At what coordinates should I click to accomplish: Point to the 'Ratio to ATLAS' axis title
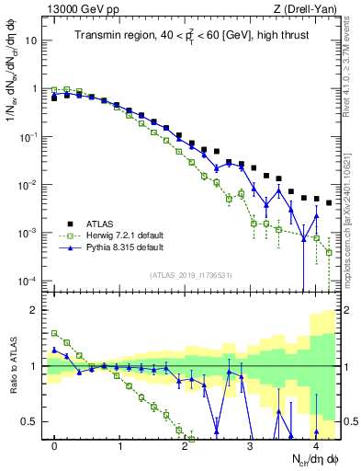(x=12, y=367)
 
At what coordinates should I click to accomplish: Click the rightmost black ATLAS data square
(x=328, y=202)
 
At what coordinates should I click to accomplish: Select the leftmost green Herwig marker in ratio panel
(x=55, y=333)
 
